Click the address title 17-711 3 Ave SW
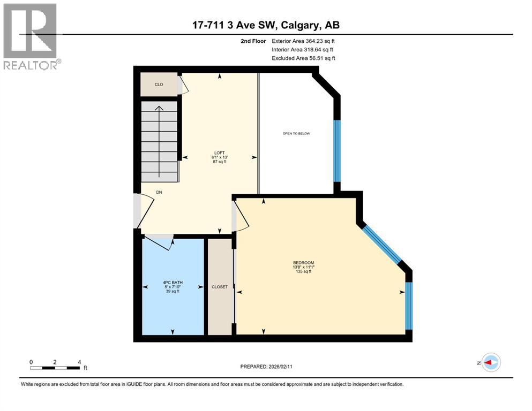pyautogui.click(x=266, y=25)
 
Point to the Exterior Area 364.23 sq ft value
pyautogui.click(x=304, y=41)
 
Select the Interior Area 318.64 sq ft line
pyautogui.click(x=303, y=49)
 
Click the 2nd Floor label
pyautogui.click(x=253, y=41)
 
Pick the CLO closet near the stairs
pyautogui.click(x=159, y=85)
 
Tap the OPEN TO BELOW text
pyautogui.click(x=296, y=133)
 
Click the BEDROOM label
pyautogui.click(x=303, y=262)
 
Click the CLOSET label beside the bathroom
pyautogui.click(x=220, y=287)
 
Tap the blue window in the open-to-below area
pyautogui.click(x=337, y=151)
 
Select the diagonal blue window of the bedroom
pyautogui.click(x=381, y=244)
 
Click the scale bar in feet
pyautogui.click(x=55, y=368)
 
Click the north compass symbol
pyautogui.click(x=490, y=363)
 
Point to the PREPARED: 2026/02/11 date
pyautogui.click(x=266, y=367)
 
